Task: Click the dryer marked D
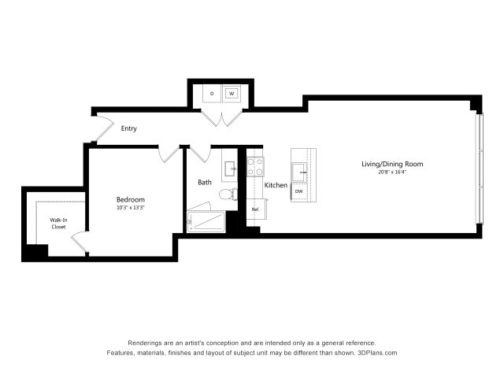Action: click(212, 94)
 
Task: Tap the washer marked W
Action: click(232, 94)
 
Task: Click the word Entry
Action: click(129, 128)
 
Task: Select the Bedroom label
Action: click(130, 199)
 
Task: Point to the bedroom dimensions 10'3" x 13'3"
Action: click(130, 208)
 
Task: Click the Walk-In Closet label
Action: click(58, 223)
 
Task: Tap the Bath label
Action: click(205, 182)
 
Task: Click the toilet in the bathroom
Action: click(227, 194)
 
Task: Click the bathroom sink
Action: click(229, 168)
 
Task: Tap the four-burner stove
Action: click(255, 165)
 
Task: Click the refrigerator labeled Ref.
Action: click(256, 209)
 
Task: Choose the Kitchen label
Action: click(276, 185)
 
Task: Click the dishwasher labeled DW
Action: click(299, 191)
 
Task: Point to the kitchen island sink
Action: click(300, 171)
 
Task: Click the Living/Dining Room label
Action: click(392, 164)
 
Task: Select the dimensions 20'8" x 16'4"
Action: click(392, 172)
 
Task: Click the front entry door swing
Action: click(102, 128)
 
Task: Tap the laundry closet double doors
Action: click(221, 117)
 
